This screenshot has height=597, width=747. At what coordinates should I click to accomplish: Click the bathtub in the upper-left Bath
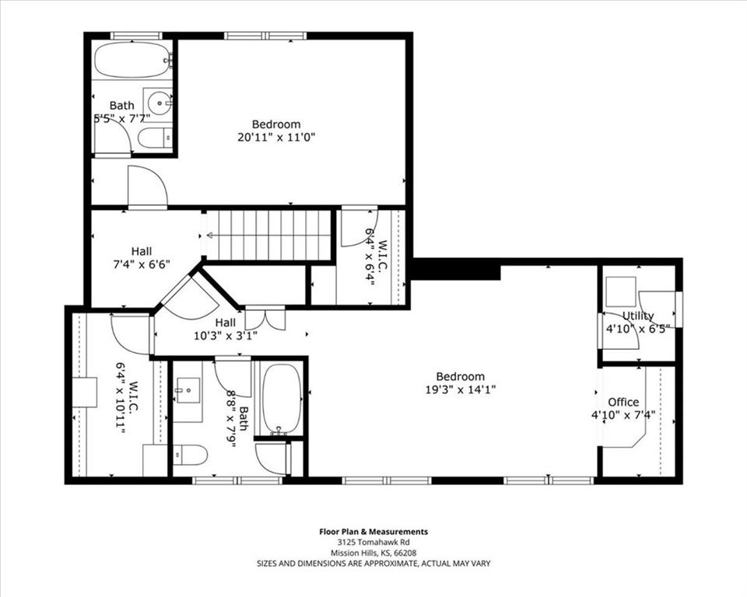(x=133, y=60)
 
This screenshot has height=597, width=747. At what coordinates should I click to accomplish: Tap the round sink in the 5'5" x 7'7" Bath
(x=158, y=101)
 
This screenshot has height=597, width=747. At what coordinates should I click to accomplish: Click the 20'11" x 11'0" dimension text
(x=276, y=138)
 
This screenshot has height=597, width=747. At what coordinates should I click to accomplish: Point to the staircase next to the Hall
(x=268, y=235)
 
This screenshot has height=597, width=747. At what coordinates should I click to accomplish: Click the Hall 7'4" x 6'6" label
(x=142, y=257)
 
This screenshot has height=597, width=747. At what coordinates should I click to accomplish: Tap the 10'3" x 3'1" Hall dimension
(x=226, y=336)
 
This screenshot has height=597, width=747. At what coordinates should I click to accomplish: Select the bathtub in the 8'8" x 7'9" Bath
(x=282, y=400)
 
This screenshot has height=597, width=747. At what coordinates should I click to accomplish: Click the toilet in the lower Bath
(x=190, y=455)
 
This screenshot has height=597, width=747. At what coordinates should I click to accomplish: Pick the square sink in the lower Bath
(x=188, y=390)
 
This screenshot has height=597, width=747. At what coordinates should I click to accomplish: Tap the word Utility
(x=638, y=316)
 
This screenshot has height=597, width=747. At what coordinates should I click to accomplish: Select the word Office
(x=623, y=402)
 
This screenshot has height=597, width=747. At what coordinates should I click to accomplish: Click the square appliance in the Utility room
(x=621, y=292)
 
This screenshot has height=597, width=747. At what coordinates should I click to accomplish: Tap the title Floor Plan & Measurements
(x=373, y=532)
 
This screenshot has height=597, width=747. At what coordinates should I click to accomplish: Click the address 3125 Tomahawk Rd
(x=373, y=543)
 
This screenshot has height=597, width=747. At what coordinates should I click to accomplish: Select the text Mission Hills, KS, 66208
(x=373, y=553)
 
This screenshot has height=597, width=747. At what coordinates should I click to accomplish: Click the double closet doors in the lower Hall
(x=265, y=319)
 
